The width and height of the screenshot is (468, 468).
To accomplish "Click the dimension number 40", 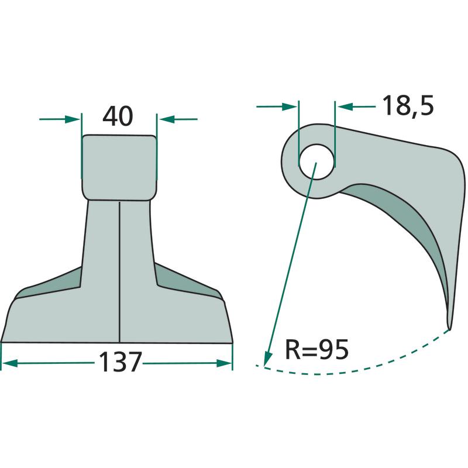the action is (x=118, y=116).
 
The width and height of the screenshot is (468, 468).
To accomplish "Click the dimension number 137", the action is (x=119, y=362).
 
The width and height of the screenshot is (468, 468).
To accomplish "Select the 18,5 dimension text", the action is (x=408, y=105).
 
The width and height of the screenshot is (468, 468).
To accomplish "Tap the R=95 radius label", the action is (x=316, y=349).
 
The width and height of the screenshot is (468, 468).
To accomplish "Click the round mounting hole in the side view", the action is (x=316, y=162).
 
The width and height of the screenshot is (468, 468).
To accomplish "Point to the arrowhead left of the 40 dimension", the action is (x=73, y=119).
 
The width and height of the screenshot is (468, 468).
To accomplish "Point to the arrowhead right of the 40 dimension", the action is (x=167, y=119).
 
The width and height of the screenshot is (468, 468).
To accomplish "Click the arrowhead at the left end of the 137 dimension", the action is (x=9, y=363).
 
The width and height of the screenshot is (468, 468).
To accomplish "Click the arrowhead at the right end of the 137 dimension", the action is (x=224, y=363).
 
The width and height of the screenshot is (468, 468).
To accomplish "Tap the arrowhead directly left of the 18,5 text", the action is (x=346, y=106).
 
